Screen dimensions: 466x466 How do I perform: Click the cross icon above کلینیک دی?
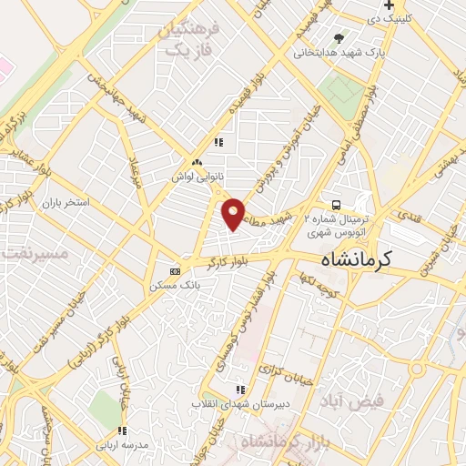click(389, 5)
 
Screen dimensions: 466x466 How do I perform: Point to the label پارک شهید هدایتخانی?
click(339, 52)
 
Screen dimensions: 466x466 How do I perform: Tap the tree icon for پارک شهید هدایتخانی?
click(339, 38)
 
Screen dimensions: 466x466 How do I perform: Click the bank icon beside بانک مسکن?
click(176, 271)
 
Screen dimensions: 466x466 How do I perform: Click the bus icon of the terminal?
click(337, 205)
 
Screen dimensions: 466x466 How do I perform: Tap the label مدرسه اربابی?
click(123, 444)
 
